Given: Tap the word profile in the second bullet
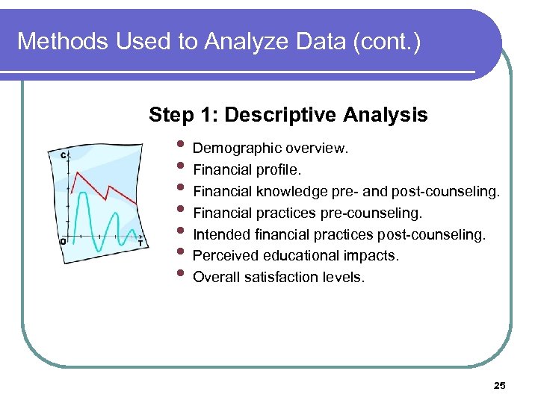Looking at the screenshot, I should pos(279,170).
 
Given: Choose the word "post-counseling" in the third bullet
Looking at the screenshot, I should pos(451,192).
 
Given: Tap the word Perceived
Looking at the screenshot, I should pos(222,256).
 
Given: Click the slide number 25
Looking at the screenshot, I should pos(500,385).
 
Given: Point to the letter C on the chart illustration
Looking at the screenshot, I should pos(63,154).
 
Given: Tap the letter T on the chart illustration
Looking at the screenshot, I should pos(140,243).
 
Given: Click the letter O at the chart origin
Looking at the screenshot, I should pos(63,241).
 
